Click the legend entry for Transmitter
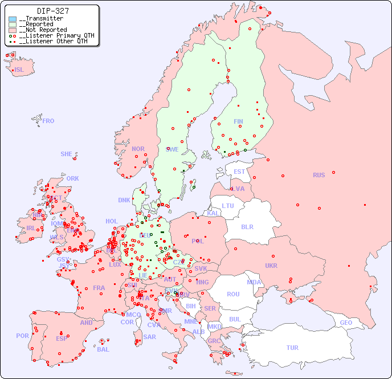pyautogui.click(x=43, y=18)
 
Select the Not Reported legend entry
pyautogui.click(x=45, y=30)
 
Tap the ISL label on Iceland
pyautogui.click(x=19, y=70)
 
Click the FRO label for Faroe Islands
pyautogui.click(x=48, y=121)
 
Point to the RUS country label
pyautogui.click(x=318, y=175)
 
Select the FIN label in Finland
pyautogui.click(x=238, y=121)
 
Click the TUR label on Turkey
pyautogui.click(x=292, y=348)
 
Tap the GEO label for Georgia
pyautogui.click(x=346, y=323)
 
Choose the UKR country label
pyautogui.click(x=271, y=266)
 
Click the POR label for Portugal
pyautogui.click(x=22, y=336)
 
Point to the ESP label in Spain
pyautogui.click(x=62, y=338)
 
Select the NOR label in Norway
pyautogui.click(x=138, y=149)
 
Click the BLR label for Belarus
pyautogui.click(x=247, y=226)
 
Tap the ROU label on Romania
pyautogui.click(x=233, y=294)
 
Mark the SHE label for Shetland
pyautogui.click(x=67, y=154)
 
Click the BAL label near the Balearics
pyautogui.click(x=103, y=349)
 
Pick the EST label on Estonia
pyautogui.click(x=239, y=172)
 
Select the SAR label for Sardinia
pyautogui.click(x=149, y=337)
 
